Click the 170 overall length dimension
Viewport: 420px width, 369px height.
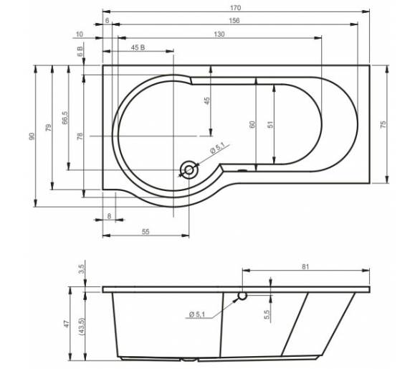[236, 8]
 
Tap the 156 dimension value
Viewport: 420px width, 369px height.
[234, 21]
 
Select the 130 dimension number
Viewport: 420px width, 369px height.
[219, 34]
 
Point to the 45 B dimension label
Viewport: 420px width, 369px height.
[138, 47]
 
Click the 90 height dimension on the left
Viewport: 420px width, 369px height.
[32, 136]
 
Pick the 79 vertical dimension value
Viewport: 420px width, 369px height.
[48, 128]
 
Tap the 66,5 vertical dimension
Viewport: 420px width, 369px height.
[65, 118]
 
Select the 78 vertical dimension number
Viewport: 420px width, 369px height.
[80, 136]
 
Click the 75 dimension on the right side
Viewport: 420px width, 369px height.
[383, 124]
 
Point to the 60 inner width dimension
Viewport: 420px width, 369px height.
[252, 124]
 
